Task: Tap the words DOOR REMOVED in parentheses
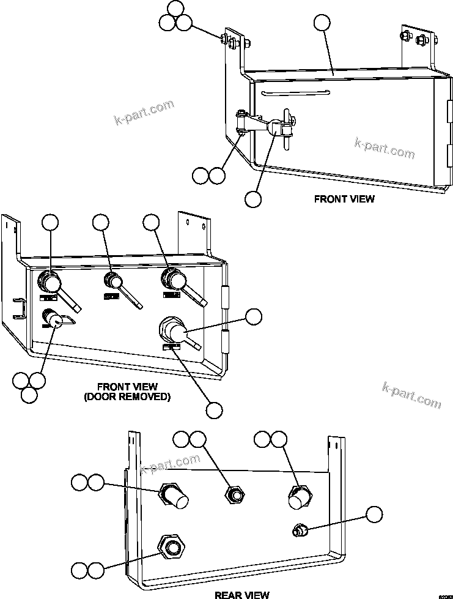pos(127,396)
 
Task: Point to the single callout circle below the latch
pos(252,199)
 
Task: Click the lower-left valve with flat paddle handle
pos(53,318)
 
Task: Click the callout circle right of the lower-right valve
pos(252,316)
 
